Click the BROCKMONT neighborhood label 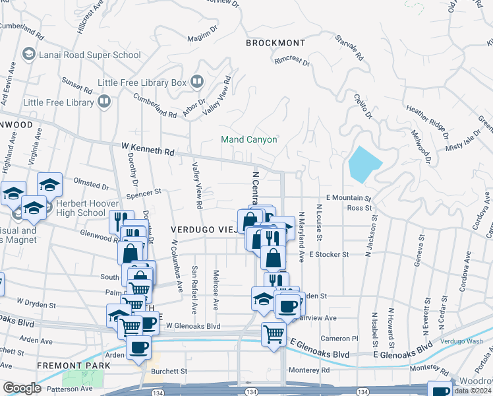pyautogui.click(x=275, y=43)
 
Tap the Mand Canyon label pyautogui.click(x=249, y=139)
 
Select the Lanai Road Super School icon pyautogui.click(x=28, y=54)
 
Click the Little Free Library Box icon pyautogui.click(x=196, y=82)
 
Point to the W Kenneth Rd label pyautogui.click(x=147, y=150)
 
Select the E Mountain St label pyautogui.click(x=349, y=197)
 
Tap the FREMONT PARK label pyautogui.click(x=69, y=365)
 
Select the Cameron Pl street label pyautogui.click(x=339, y=338)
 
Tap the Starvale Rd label pyautogui.click(x=350, y=48)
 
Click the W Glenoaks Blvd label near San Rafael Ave pyautogui.click(x=193, y=325)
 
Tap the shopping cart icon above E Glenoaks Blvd pyautogui.click(x=274, y=333)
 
